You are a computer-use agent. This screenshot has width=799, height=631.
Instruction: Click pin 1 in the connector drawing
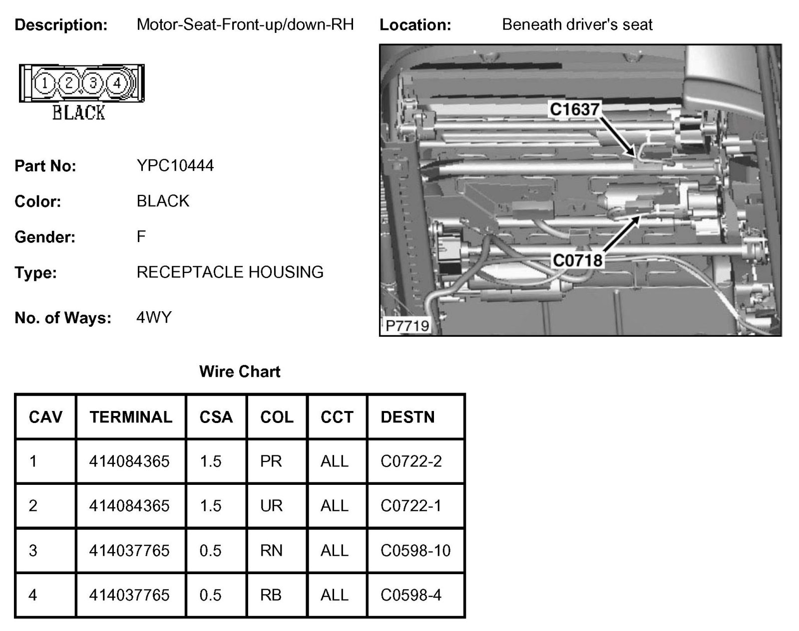45,83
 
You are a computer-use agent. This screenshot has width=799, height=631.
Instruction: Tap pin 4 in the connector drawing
117,83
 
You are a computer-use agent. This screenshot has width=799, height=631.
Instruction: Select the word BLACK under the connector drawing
79,113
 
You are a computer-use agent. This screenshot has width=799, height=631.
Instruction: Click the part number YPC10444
175,166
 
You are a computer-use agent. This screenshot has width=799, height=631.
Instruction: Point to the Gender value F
141,236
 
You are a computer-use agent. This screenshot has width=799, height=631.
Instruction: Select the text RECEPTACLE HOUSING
230,272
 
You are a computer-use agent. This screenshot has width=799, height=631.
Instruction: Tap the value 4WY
154,317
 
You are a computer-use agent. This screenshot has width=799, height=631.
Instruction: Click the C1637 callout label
574,109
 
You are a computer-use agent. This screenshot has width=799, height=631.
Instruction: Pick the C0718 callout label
577,260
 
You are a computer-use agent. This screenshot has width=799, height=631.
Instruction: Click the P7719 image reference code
407,326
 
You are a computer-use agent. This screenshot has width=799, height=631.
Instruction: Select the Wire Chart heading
240,372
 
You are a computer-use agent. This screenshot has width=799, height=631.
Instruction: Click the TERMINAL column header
131,417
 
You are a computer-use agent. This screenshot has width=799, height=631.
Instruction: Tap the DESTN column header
407,417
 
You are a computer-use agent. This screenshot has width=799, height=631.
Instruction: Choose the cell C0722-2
411,461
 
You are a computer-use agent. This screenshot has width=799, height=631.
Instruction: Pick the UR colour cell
271,506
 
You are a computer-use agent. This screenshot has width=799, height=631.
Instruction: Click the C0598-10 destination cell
415,551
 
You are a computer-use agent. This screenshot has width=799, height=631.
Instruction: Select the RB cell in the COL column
271,595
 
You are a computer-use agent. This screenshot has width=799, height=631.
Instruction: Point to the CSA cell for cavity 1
210,461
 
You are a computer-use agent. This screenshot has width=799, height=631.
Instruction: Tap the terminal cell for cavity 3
129,551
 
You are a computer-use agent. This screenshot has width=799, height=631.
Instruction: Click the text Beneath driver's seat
577,24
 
